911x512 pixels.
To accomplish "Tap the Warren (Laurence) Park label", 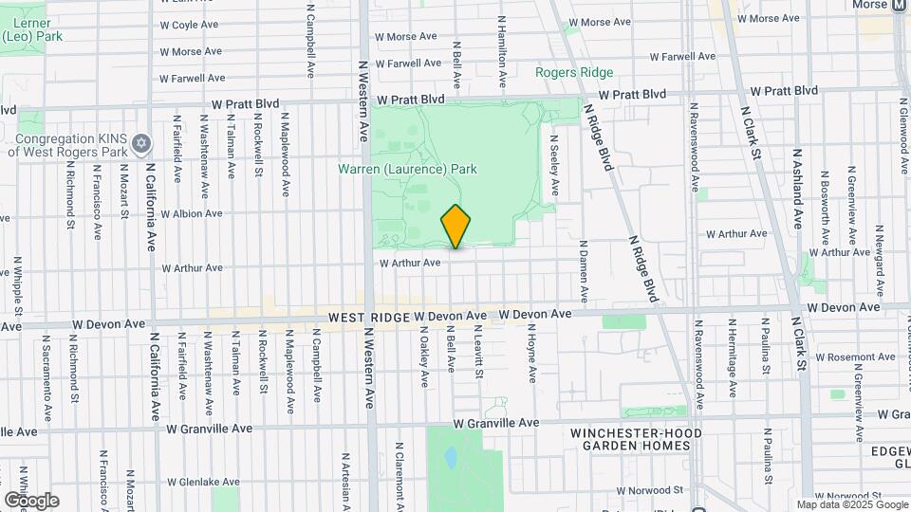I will [407, 170].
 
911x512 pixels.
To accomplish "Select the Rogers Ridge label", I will [573, 72].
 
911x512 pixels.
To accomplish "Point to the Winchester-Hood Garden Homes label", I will [630, 439].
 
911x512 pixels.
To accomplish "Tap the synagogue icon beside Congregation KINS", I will [141, 143].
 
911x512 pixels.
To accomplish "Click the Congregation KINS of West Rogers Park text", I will [65, 143].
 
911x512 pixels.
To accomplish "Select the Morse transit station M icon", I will [899, 6].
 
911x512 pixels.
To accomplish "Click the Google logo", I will [31, 500].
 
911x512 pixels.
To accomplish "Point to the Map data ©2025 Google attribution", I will [851, 504].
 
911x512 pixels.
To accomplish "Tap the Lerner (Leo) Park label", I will [21, 29].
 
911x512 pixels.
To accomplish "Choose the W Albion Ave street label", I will [191, 214].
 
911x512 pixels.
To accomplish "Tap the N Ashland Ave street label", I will [798, 191].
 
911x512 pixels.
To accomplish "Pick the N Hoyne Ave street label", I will [533, 357].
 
